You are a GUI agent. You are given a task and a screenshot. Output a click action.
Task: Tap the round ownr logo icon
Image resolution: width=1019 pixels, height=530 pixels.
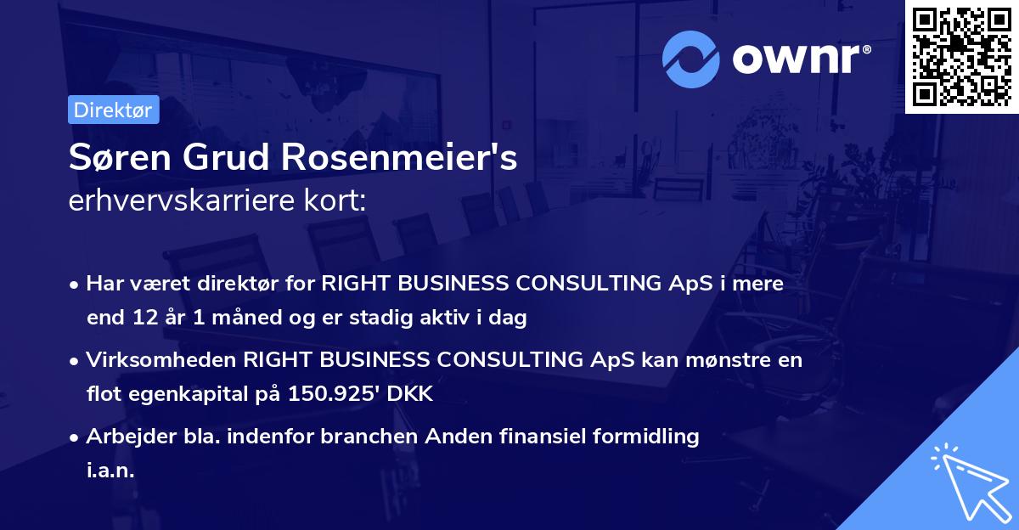(x=691, y=59)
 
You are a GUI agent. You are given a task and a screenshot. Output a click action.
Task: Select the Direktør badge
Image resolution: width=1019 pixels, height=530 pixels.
(x=113, y=110)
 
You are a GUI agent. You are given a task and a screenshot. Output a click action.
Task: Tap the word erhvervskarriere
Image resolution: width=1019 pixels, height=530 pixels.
(x=180, y=202)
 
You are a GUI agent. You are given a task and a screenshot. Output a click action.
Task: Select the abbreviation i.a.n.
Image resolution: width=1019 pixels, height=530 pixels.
(x=110, y=471)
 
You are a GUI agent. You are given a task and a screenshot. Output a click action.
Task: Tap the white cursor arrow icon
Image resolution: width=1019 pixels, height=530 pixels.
(x=968, y=482)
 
